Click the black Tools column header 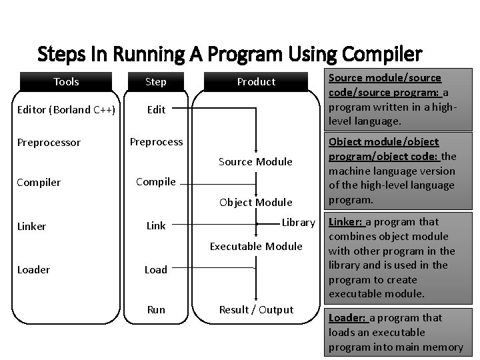point(66,82)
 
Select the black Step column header point(156,82)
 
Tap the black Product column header point(256,82)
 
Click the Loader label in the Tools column point(33,270)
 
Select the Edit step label point(156,110)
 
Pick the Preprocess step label point(156,142)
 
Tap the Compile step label point(156,181)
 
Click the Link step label point(156,226)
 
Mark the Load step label point(156,270)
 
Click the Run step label point(156,309)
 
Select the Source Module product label point(255,162)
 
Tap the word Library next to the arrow point(298,222)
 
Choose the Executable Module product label point(256,247)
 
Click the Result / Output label point(257,309)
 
